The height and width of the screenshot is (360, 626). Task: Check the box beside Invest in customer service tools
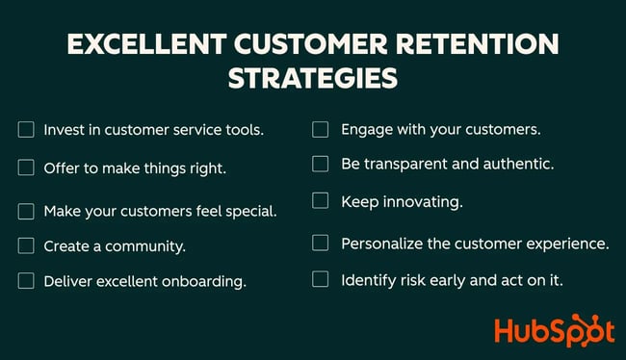pyautogui.click(x=26, y=129)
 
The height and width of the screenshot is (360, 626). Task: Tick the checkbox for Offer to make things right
pyautogui.click(x=26, y=167)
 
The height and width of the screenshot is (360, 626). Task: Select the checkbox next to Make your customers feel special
pyautogui.click(x=26, y=210)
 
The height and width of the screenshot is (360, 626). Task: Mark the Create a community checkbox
pyautogui.click(x=26, y=245)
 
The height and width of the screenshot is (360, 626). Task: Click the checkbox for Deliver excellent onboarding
pyautogui.click(x=26, y=281)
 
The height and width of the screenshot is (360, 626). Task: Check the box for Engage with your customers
pyautogui.click(x=321, y=129)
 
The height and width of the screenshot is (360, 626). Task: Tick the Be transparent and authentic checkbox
pyautogui.click(x=321, y=164)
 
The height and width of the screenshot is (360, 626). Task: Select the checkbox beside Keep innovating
pyautogui.click(x=321, y=201)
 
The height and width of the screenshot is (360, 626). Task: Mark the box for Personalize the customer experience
pyautogui.click(x=321, y=244)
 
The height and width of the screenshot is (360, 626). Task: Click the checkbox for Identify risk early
pyautogui.click(x=321, y=279)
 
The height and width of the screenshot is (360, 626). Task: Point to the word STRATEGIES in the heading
pyautogui.click(x=313, y=78)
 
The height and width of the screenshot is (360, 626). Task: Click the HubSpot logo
pyautogui.click(x=554, y=330)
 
